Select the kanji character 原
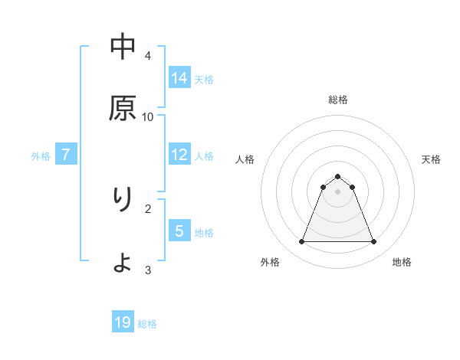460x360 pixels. click(123, 108)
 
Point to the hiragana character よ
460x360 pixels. click(123, 263)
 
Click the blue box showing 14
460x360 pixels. click(179, 77)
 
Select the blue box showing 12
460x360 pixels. click(179, 155)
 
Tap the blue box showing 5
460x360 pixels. click(179, 231)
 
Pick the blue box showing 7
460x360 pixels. click(66, 155)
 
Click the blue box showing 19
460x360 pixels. click(123, 322)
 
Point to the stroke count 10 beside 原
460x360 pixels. click(148, 116)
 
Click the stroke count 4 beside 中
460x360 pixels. click(148, 55)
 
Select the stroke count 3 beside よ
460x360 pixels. click(148, 270)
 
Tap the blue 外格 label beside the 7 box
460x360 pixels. click(41, 156)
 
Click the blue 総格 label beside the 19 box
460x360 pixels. click(147, 324)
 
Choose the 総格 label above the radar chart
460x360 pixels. click(338, 100)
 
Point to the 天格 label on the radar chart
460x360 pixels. click(431, 159)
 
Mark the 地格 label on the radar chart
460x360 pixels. click(402, 263)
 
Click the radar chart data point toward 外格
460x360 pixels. click(301, 242)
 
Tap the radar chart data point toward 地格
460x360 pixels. click(374, 242)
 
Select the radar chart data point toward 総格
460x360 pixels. click(338, 176)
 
